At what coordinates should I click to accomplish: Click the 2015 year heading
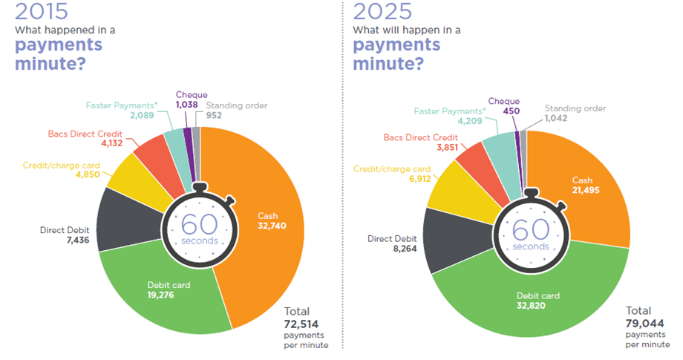(41, 12)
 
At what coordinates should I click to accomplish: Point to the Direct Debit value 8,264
(385, 250)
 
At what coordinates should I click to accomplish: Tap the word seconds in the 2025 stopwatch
(529, 246)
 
